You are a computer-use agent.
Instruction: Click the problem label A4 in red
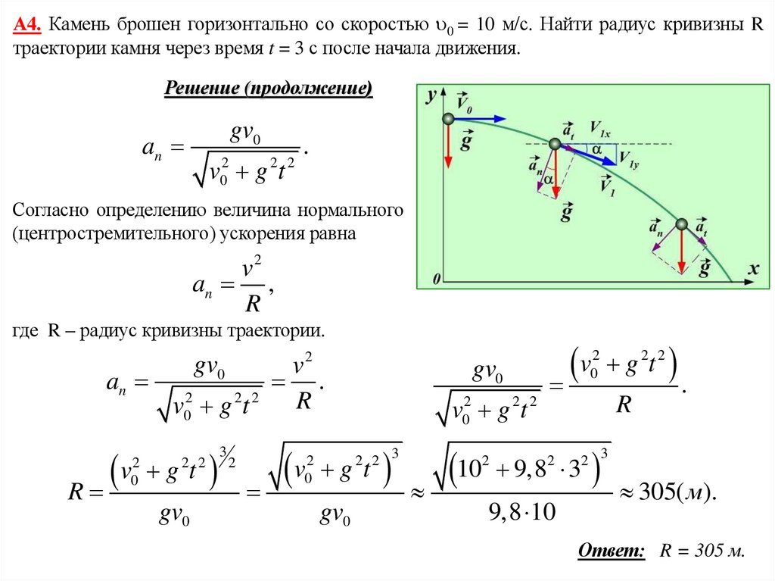27,25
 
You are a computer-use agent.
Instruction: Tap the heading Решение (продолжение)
269,89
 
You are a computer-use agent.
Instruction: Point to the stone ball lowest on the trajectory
681,223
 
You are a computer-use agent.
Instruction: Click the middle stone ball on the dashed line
555,144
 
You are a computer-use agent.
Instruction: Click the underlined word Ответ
612,551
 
